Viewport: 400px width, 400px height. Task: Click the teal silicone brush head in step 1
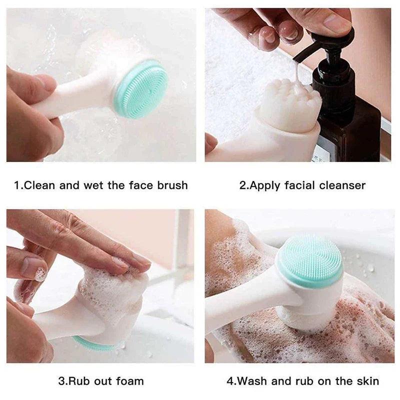click(x=141, y=89)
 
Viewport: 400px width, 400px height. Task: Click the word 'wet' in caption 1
click(x=93, y=185)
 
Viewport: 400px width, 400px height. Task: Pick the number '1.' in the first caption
click(x=18, y=185)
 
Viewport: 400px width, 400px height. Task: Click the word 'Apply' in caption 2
click(x=265, y=186)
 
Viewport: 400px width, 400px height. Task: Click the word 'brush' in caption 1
click(x=171, y=185)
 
